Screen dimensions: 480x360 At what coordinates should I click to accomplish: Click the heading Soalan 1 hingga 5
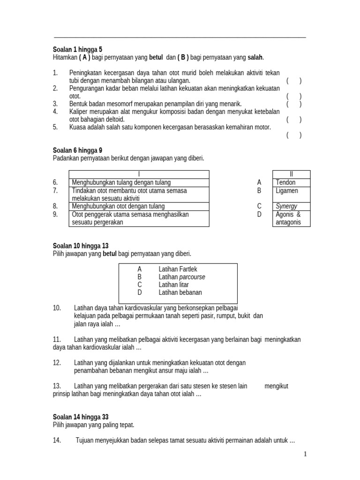click(77, 49)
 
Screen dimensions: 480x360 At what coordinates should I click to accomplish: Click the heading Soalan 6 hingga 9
click(77, 150)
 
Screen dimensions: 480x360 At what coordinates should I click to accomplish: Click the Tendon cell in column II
click(286, 182)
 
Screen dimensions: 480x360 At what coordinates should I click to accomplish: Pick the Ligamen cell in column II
click(287, 191)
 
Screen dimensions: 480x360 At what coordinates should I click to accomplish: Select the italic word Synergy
click(286, 206)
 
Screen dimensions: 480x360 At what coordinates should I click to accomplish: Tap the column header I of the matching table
click(139, 174)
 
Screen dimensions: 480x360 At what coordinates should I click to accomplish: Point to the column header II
click(291, 174)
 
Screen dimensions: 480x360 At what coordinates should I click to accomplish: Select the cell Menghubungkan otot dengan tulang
click(118, 206)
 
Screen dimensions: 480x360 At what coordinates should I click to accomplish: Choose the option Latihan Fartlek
click(178, 269)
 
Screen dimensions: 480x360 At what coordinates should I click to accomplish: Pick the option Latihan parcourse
click(182, 277)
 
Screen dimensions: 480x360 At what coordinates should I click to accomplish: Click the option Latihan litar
click(173, 285)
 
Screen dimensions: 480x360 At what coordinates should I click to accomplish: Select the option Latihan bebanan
click(180, 292)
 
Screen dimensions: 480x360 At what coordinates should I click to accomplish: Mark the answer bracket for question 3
click(294, 104)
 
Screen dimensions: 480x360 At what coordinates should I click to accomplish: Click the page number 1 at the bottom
click(305, 454)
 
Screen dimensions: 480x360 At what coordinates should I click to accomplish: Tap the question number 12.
click(57, 363)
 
